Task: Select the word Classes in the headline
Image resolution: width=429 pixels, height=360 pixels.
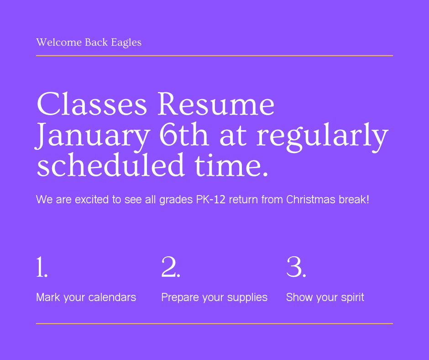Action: point(91,104)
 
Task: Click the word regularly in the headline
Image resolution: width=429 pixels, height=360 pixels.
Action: point(322,136)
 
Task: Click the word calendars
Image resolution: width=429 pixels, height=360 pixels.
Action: point(112,297)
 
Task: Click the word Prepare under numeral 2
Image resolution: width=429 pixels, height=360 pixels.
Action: point(179,298)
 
